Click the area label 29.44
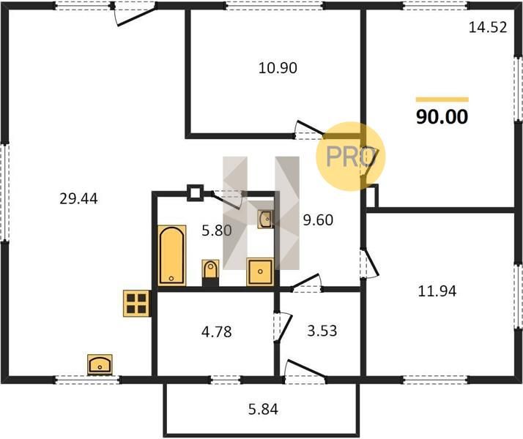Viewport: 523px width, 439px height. [78, 199]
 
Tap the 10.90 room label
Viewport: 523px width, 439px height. [278, 68]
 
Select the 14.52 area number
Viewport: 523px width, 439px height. [488, 27]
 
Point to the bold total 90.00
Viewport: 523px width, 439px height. [442, 117]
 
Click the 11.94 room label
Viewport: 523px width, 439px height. [437, 291]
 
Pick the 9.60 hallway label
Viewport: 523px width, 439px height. [318, 220]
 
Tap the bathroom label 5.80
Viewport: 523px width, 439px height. [217, 230]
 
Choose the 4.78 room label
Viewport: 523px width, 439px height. [217, 332]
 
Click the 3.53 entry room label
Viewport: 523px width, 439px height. [322, 331]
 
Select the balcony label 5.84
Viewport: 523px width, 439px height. [263, 409]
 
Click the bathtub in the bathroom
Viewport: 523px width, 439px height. [172, 255]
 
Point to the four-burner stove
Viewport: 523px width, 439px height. [137, 304]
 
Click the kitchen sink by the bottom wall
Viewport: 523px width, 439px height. [100, 364]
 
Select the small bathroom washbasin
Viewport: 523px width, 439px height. [265, 219]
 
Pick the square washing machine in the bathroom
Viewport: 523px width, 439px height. [260, 271]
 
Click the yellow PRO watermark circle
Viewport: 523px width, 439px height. [351, 157]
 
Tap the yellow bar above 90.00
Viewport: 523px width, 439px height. [442, 100]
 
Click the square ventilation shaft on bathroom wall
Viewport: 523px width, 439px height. [195, 193]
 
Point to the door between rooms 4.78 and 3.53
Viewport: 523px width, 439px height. [283, 327]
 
